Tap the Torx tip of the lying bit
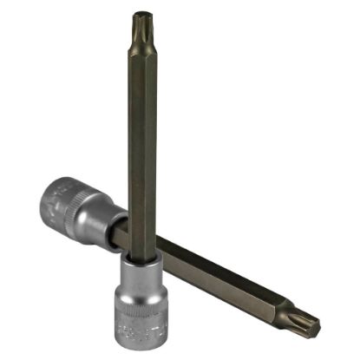point(307,323)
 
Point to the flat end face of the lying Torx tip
point(317,328)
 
